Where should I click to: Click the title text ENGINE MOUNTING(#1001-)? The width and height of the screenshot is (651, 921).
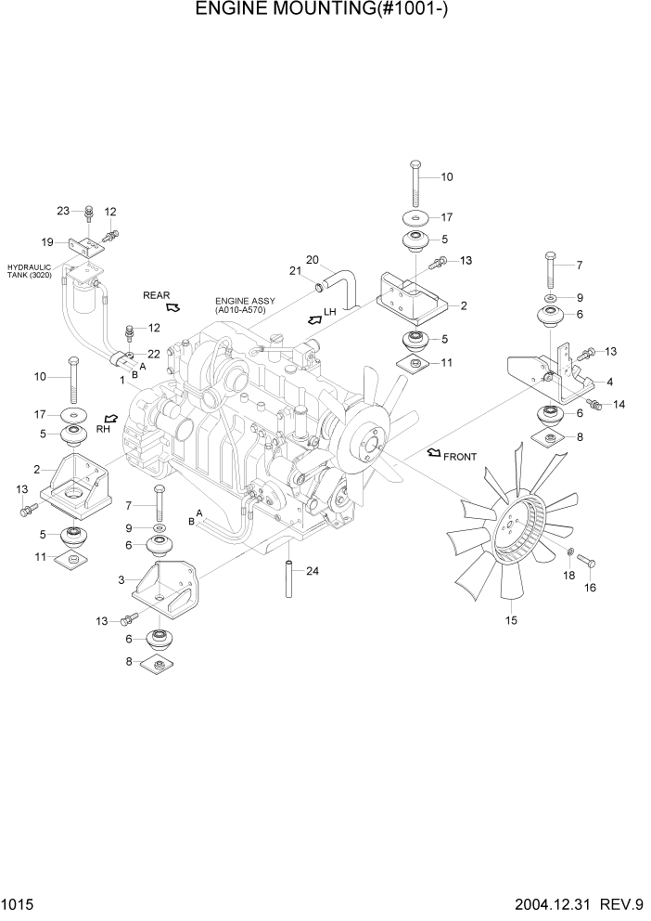tap(325, 11)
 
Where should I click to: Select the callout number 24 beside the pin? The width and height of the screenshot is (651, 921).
tap(313, 571)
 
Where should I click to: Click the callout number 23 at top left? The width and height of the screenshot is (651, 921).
tap(63, 211)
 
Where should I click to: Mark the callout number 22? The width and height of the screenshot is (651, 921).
tap(154, 354)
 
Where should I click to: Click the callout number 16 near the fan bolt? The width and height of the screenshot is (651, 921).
tap(589, 587)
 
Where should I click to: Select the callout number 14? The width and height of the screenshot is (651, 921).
tap(619, 404)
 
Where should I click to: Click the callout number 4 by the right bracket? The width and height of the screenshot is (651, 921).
tap(608, 381)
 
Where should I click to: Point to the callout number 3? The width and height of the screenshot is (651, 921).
tap(121, 580)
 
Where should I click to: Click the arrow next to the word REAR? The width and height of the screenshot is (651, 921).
tap(172, 305)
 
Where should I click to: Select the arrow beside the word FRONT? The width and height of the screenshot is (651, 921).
tap(433, 453)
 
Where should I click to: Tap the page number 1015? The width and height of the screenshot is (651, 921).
tap(16, 905)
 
